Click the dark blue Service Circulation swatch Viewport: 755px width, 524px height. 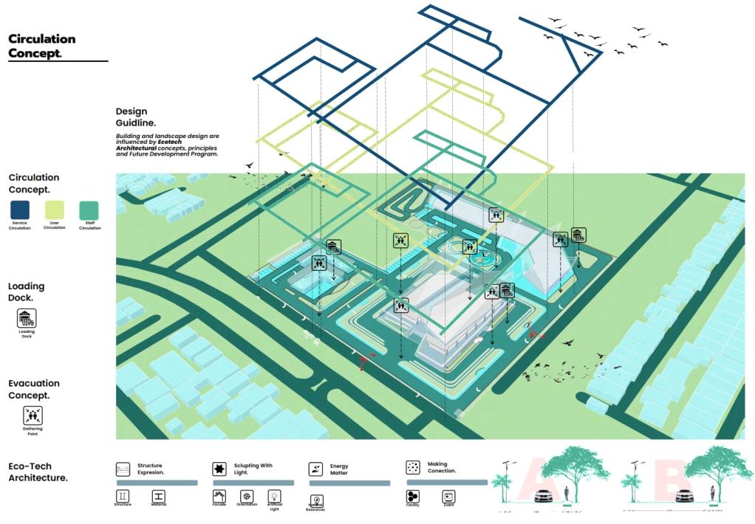(20, 210)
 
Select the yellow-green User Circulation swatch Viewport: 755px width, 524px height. (55, 210)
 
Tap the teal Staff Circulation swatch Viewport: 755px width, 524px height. (89, 210)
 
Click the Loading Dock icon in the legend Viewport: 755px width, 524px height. (27, 318)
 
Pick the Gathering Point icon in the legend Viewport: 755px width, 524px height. (33, 416)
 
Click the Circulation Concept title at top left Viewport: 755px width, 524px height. (41, 46)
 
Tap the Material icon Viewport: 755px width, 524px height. (159, 496)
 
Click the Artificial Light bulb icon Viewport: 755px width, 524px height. (274, 496)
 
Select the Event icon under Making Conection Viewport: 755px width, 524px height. (448, 496)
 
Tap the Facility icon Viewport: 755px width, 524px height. (413, 496)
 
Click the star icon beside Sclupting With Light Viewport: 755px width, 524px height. (219, 469)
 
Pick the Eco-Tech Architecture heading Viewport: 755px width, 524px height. (38, 472)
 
